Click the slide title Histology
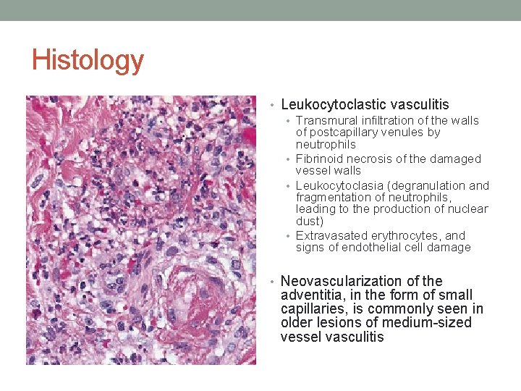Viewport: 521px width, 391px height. click(88, 60)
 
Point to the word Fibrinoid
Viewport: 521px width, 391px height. click(319, 159)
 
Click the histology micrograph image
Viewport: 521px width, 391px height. click(141, 230)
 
